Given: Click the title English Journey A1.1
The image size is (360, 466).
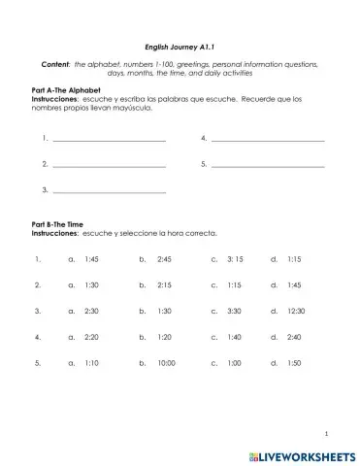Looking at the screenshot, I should [x=179, y=44].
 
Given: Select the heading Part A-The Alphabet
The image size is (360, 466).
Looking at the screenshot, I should [x=65, y=89].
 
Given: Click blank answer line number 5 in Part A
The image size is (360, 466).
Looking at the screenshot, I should [x=267, y=165].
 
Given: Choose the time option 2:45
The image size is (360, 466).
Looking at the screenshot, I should [x=163, y=259].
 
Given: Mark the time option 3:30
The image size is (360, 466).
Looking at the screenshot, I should [x=234, y=311].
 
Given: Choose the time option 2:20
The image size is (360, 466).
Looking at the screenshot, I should [x=92, y=337].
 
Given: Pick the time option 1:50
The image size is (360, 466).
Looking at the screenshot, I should [x=295, y=362].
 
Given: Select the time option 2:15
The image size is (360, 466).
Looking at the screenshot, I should [x=163, y=285].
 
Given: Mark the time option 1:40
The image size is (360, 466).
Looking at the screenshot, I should [x=234, y=337].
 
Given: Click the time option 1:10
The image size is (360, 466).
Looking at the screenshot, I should [x=92, y=362].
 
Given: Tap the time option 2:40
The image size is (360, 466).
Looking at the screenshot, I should [x=295, y=337].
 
